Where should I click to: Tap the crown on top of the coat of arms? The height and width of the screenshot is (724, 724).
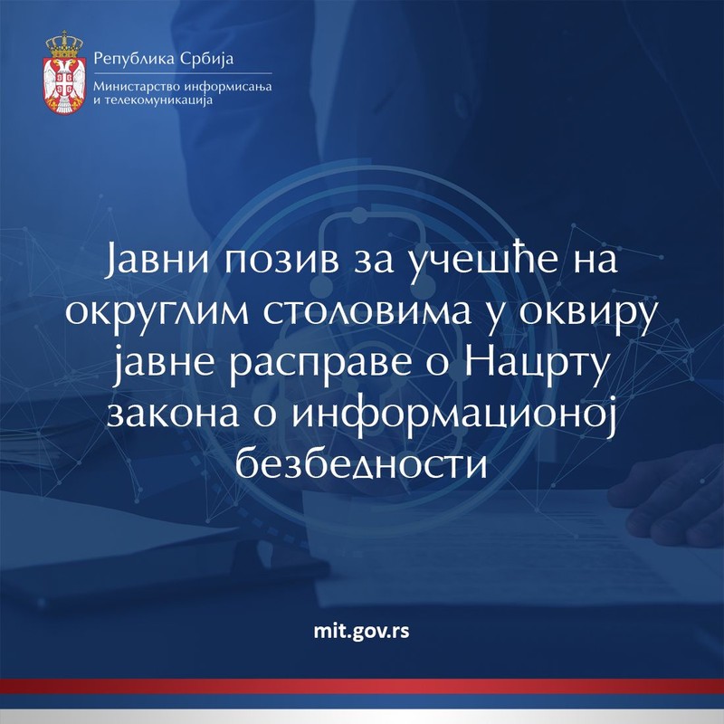pos(64,44)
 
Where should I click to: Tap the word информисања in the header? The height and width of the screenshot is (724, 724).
pos(228,87)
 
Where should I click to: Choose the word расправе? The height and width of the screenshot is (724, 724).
pos(320,367)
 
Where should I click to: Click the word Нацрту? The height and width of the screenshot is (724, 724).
pos(535,365)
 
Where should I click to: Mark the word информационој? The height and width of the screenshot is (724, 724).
pos(454,416)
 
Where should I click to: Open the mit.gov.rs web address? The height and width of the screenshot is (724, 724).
pos(361,631)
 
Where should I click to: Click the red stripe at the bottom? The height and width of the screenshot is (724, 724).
pos(362,686)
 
